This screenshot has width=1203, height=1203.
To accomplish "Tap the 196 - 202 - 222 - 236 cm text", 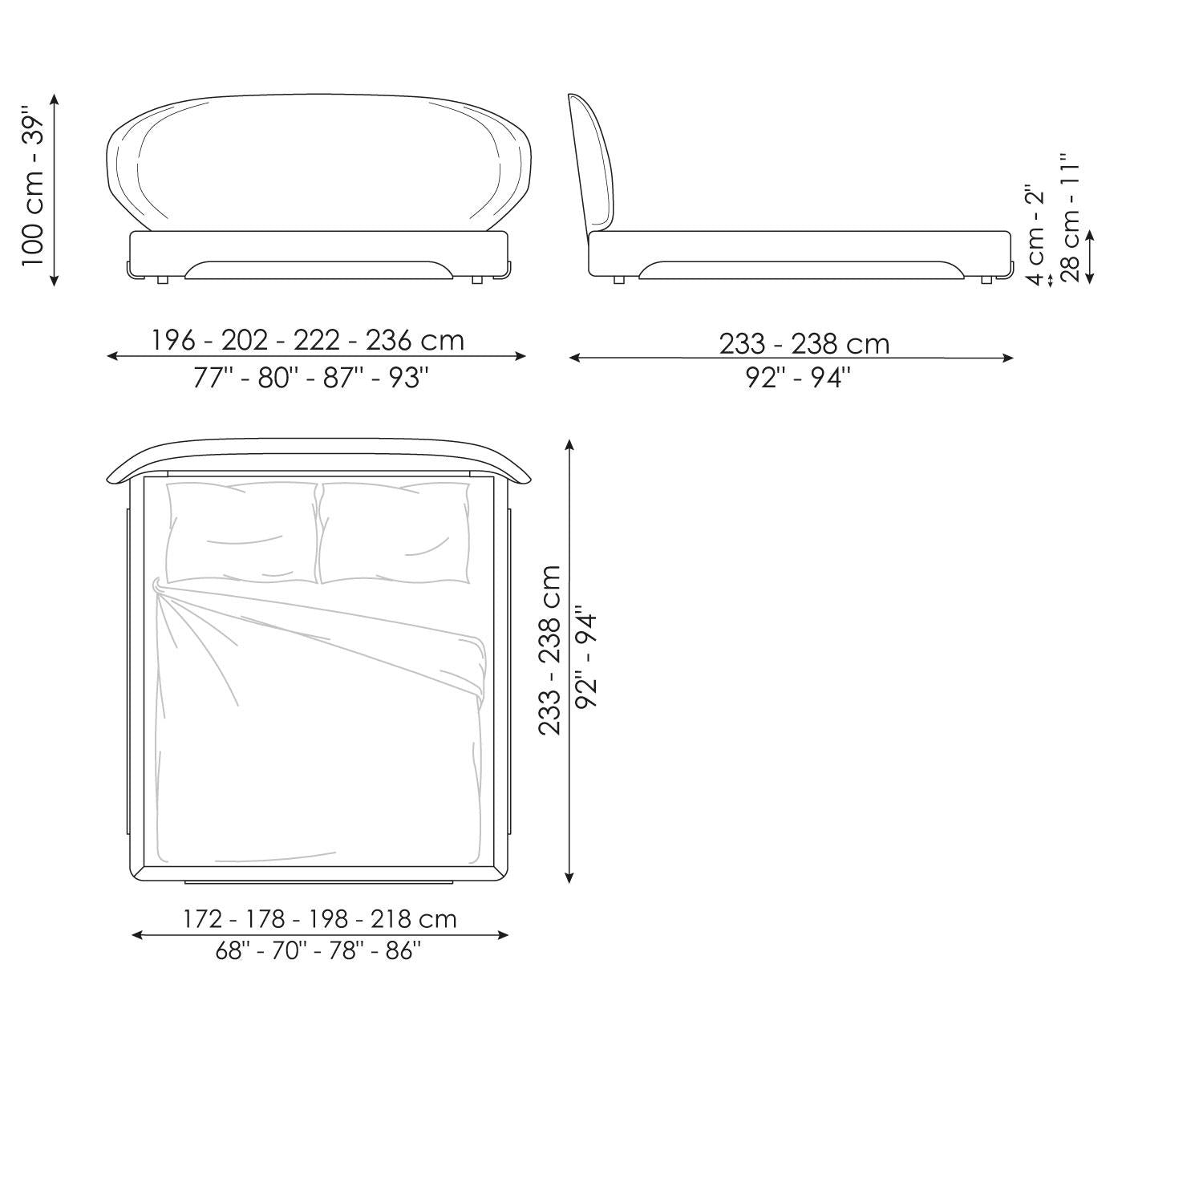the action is point(308,340).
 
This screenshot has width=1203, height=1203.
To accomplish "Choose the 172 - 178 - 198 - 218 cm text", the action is point(320,918).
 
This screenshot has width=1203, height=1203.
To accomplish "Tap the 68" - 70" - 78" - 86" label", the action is point(318,951).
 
